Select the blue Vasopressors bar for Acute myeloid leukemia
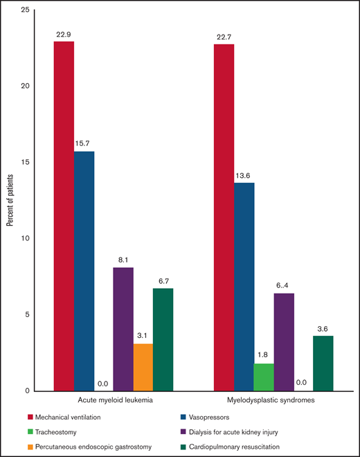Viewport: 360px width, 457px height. (x=84, y=271)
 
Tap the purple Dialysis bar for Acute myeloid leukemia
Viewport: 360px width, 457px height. (x=123, y=329)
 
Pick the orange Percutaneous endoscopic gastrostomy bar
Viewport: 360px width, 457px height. (x=143, y=367)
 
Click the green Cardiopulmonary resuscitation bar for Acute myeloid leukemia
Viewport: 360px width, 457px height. (x=163, y=339)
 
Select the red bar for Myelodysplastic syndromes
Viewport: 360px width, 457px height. (x=224, y=217)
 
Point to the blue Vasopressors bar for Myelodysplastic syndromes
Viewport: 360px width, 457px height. (x=244, y=287)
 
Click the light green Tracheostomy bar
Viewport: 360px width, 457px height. (x=264, y=377)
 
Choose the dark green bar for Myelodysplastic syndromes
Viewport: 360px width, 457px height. (x=323, y=363)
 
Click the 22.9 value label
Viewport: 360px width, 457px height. (x=64, y=34)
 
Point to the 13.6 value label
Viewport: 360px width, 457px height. (x=244, y=175)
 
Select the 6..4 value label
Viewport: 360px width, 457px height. (x=284, y=286)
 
